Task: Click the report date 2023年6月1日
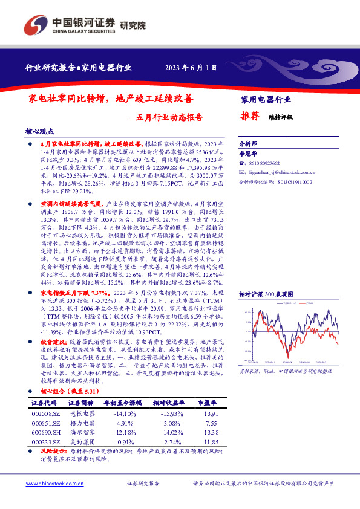click(191, 68)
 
